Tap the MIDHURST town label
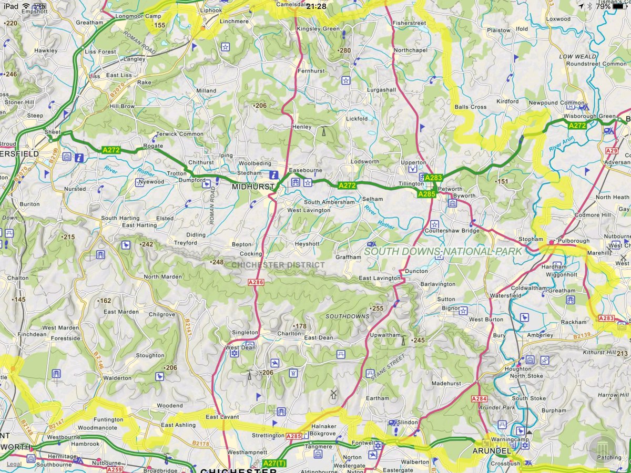255,187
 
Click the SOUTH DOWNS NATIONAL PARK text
443,252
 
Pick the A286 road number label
255,282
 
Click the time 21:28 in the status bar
315,6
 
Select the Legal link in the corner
14,464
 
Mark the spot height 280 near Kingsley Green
344,50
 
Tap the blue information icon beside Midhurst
273,174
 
